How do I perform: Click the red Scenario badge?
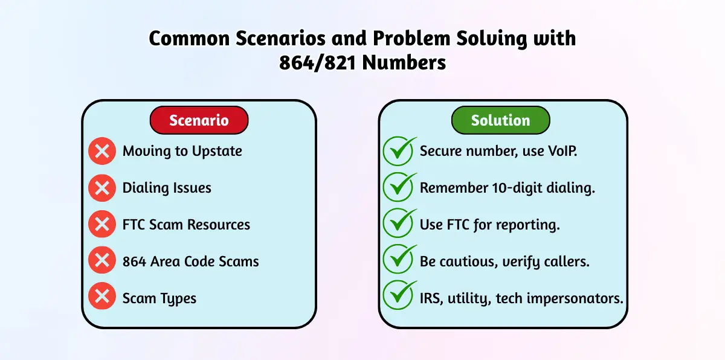[199, 120]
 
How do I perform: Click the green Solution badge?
[500, 120]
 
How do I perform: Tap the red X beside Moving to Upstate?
[102, 151]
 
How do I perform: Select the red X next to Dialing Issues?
[102, 188]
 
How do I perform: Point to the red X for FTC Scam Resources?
[102, 224]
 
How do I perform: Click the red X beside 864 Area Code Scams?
[102, 260]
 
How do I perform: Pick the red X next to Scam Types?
[102, 296]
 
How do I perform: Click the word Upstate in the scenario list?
[217, 152]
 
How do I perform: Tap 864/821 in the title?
[318, 63]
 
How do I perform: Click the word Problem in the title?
[411, 38]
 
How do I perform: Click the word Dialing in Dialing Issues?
[144, 188]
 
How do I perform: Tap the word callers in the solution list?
[567, 262]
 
